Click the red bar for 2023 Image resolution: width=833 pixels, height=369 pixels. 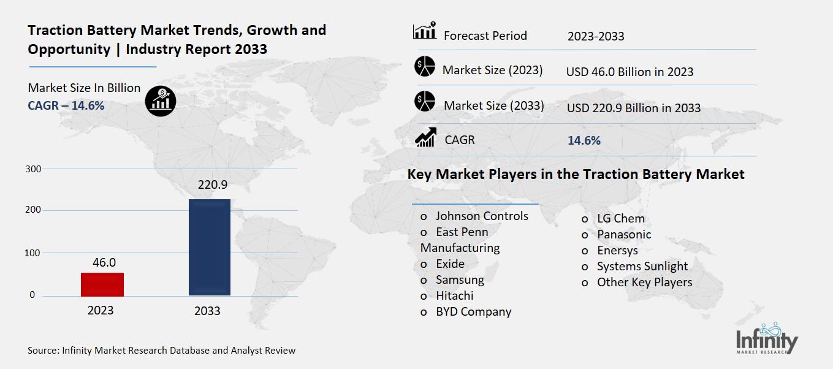[x=103, y=284]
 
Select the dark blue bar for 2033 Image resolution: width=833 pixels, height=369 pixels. [x=209, y=247]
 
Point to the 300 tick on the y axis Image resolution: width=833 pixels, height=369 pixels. [x=34, y=169]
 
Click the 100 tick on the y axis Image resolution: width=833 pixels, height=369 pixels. [x=34, y=253]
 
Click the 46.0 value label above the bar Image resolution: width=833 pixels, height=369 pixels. [x=104, y=262]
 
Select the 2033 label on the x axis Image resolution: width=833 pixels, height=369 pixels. [x=207, y=311]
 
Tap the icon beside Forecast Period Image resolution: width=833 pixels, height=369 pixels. [x=425, y=31]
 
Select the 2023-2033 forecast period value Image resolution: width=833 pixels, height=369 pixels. [x=595, y=36]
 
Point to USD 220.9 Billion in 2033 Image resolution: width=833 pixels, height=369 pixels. [x=633, y=108]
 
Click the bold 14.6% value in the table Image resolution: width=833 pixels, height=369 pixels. [x=584, y=140]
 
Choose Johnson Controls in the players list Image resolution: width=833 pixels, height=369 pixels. [x=481, y=216]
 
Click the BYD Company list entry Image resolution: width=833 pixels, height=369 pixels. [x=473, y=311]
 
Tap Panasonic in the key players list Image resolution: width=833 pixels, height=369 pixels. [x=623, y=234]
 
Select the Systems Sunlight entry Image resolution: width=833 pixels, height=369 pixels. [x=642, y=266]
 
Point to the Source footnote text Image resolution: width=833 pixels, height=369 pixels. [x=162, y=351]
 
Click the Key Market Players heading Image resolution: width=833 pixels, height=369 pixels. [x=576, y=174]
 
